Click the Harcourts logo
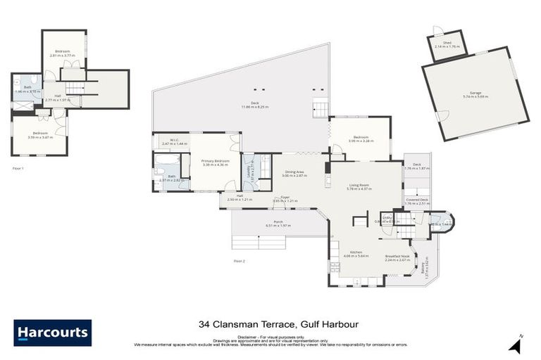52,333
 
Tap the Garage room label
475,94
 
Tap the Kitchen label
355,254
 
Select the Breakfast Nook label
397,257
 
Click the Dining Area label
294,172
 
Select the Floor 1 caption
19,169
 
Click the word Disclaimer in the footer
249,336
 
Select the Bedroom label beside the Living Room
360,138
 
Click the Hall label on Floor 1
58,96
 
